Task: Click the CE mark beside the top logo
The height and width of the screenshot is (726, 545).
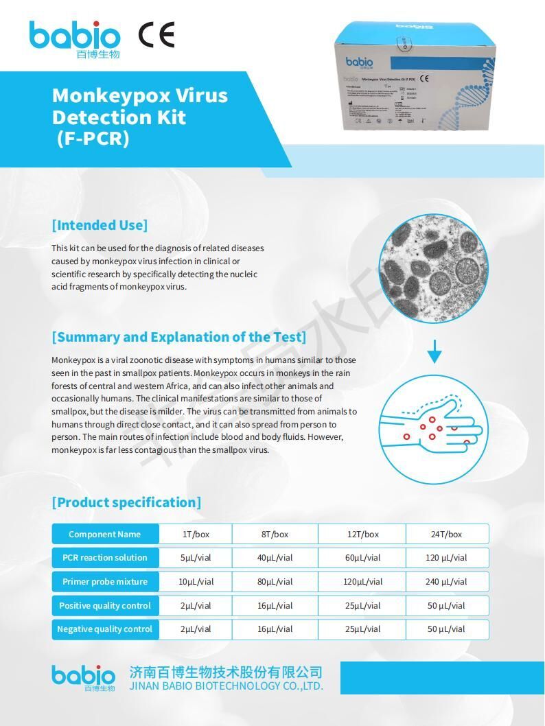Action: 156,34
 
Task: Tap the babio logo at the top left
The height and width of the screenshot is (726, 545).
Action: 75,38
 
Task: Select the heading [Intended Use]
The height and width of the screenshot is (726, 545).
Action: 100,225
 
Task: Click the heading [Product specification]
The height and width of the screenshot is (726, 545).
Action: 126,502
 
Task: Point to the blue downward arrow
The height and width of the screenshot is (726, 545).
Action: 434,352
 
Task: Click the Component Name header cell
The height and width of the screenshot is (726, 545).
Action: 105,534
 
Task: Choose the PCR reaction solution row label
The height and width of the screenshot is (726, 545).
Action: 105,558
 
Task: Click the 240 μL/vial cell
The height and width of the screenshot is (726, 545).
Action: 446,582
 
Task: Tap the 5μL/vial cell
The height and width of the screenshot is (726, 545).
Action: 196,558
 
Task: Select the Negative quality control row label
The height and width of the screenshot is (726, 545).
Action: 105,629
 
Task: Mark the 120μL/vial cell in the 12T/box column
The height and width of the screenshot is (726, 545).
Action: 363,582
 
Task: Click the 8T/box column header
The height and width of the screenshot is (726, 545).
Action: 275,534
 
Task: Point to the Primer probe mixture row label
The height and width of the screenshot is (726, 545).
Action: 105,582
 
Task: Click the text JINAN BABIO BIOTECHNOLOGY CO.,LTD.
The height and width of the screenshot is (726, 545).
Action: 226,686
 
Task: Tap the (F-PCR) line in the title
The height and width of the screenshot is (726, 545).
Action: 92,138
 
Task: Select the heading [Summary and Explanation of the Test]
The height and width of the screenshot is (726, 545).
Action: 179,337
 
